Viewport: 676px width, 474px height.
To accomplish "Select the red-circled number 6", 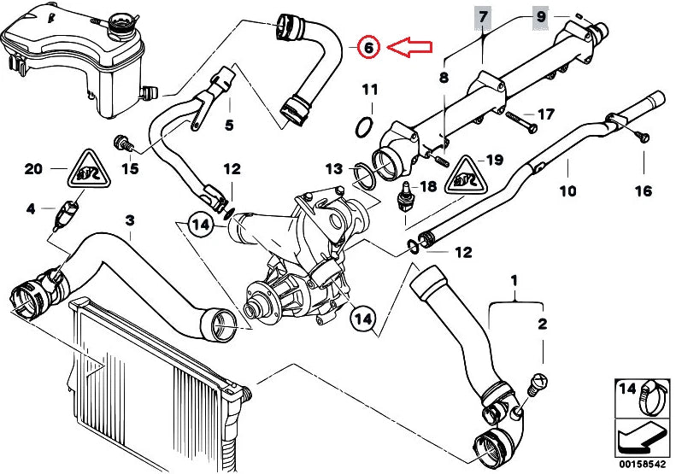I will point(367,48).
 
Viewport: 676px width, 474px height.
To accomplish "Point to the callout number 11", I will point(368,90).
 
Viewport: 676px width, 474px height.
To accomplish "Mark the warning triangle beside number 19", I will point(462,174).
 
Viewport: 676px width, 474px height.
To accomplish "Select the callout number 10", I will point(569,190).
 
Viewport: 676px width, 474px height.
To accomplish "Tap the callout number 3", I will point(129,221).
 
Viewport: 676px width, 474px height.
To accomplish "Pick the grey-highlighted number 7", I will point(484,16).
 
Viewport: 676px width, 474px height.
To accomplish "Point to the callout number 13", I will point(333,168).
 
